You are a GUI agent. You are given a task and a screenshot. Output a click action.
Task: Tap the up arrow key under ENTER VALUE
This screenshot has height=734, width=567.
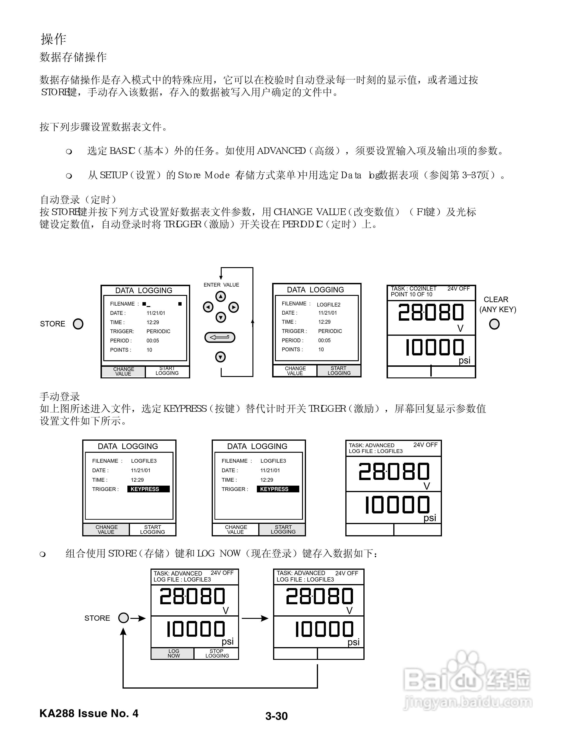[x=221, y=296]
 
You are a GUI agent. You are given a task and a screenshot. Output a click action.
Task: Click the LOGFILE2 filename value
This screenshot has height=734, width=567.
[x=328, y=304]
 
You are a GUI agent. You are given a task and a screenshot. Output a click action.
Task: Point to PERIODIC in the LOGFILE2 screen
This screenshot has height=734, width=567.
[x=330, y=331]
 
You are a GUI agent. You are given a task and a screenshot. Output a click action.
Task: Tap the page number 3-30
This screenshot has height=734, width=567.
[x=277, y=716]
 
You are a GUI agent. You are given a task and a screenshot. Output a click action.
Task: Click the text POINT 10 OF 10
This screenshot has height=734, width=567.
[x=412, y=294]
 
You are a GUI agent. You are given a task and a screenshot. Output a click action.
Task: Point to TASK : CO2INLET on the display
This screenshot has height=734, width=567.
[x=413, y=288]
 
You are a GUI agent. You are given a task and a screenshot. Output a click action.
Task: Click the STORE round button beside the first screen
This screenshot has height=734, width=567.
[x=78, y=324]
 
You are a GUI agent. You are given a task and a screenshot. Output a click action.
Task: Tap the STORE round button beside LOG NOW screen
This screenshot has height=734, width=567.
[x=124, y=618]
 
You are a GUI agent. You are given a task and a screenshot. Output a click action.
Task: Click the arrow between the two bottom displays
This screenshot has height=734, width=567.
[x=255, y=618]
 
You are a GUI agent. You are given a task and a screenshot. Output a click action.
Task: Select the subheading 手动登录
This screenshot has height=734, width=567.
[x=60, y=397]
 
